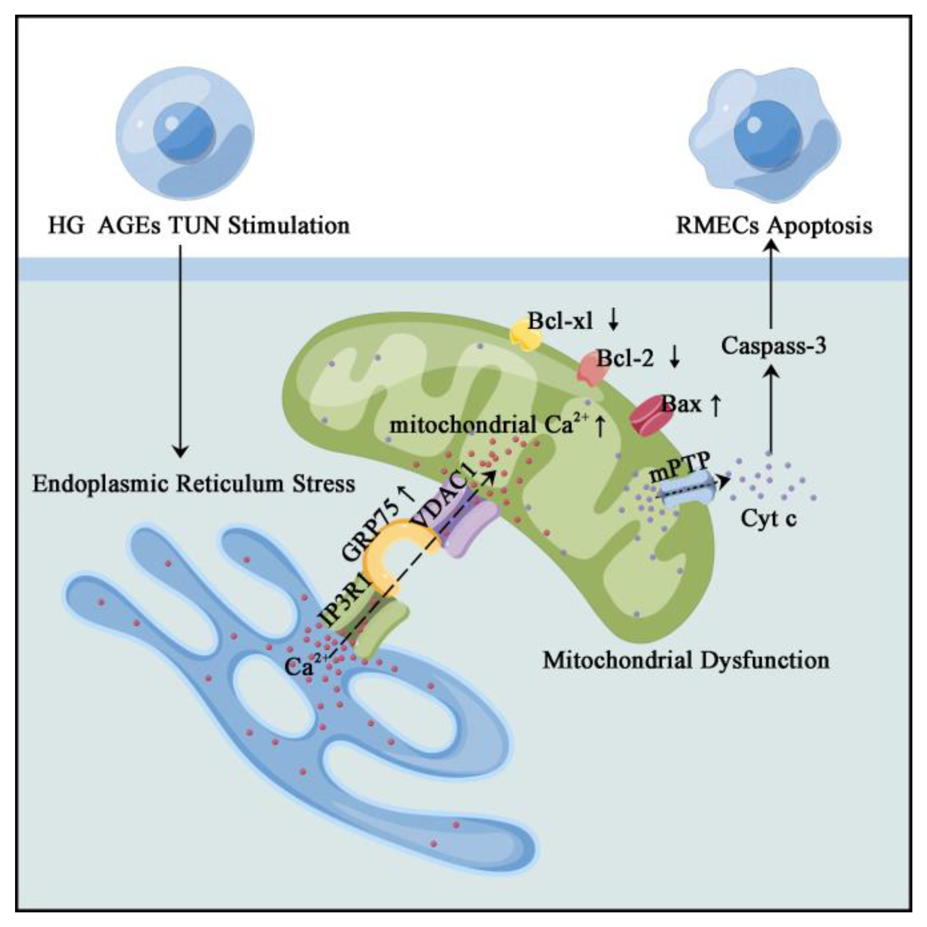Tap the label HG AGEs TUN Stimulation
tap(199, 226)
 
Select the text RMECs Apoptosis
tap(773, 226)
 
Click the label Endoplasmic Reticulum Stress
tap(194, 484)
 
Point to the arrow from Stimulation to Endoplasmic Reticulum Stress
tap(181, 350)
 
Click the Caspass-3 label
tap(773, 346)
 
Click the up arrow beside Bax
tap(714, 405)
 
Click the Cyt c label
tap(769, 519)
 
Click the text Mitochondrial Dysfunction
tap(686, 660)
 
